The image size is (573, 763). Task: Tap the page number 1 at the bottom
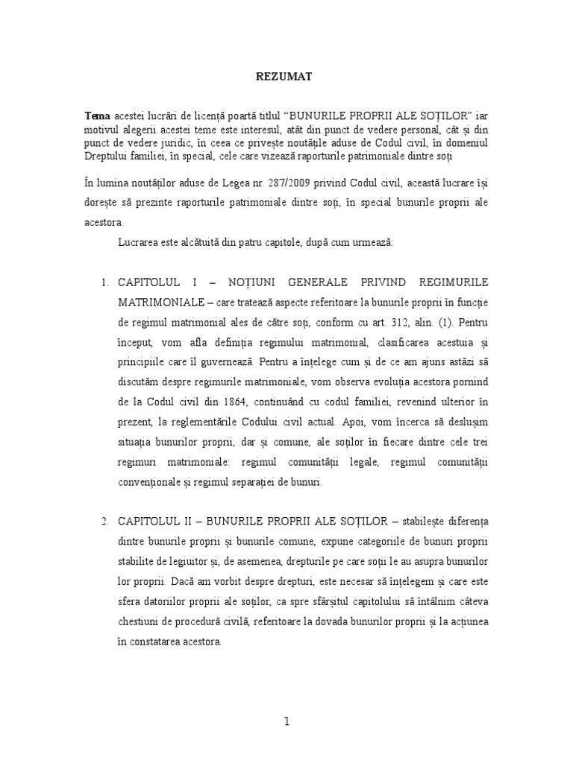(x=286, y=723)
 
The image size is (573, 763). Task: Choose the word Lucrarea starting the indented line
(x=140, y=243)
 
